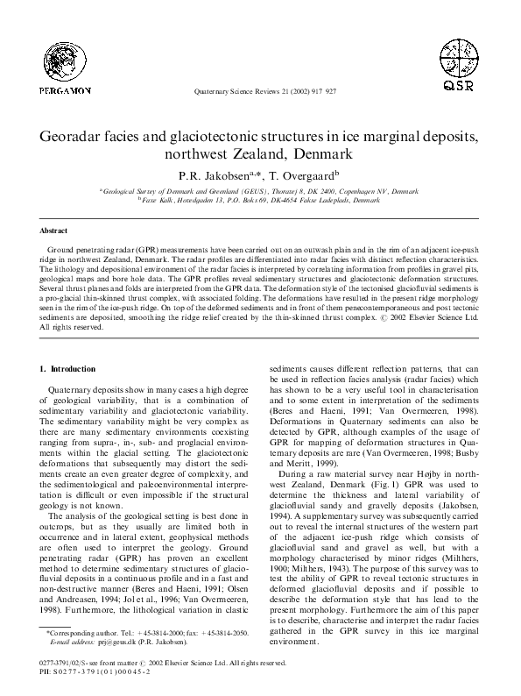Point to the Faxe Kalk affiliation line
(261, 200)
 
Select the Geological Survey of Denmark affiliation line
(260, 189)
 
